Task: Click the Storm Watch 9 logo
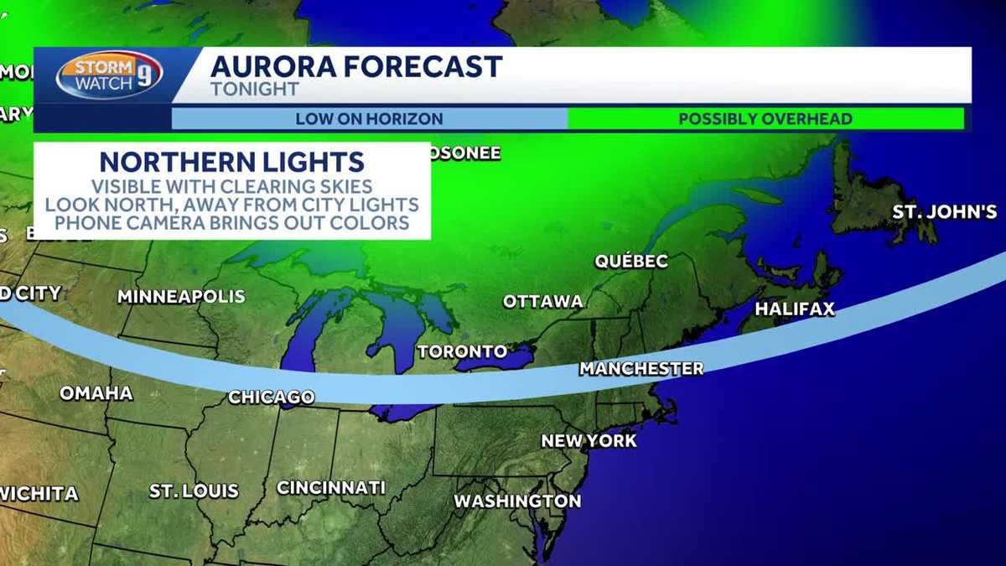[109, 75]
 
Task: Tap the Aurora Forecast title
[356, 66]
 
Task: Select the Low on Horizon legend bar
[369, 119]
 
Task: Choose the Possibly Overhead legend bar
[765, 119]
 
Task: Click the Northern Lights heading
[231, 162]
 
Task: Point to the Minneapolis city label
[181, 296]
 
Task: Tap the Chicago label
[272, 397]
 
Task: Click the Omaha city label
[96, 393]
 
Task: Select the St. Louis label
[194, 491]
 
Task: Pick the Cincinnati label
[331, 487]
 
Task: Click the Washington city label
[517, 501]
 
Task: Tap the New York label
[589, 440]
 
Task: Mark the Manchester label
[641, 368]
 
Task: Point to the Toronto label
[462, 351]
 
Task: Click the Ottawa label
[542, 301]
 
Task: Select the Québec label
[631, 261]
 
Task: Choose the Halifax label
[795, 309]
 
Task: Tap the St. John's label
[944, 211]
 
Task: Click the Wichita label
[39, 493]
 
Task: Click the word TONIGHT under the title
[255, 89]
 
